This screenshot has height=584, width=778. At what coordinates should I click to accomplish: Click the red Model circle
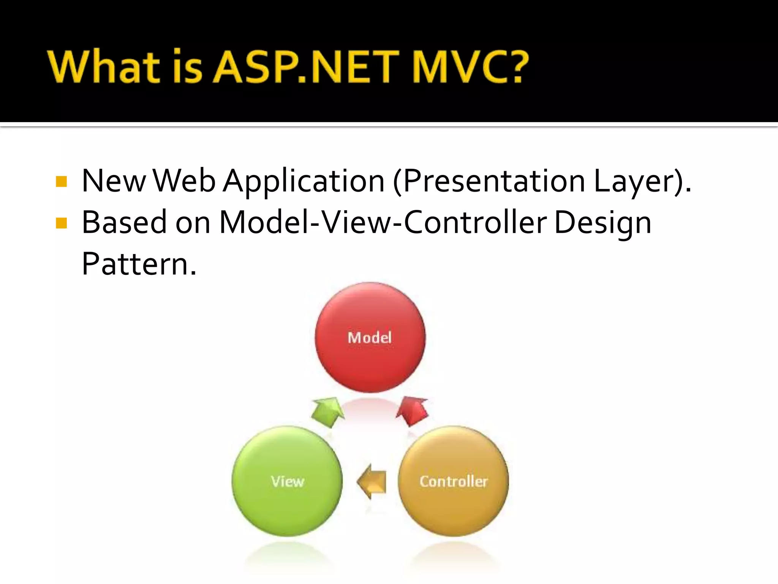pos(370,338)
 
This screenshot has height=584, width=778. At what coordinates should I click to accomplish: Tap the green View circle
pos(287,481)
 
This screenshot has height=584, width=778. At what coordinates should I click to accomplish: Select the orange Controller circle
pos(453,481)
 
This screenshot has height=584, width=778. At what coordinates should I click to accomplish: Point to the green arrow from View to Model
pos(327,412)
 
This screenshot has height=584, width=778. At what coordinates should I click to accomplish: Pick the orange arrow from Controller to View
pos(372,481)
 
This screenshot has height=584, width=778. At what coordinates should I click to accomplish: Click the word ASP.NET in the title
pos(305,67)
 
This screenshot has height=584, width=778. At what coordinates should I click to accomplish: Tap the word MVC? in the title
pos(470,67)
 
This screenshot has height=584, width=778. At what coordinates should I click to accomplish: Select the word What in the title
pos(104,67)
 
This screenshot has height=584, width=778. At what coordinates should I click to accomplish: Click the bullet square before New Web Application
pos(61,182)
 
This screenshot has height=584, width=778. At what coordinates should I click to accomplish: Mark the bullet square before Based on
pos(61,223)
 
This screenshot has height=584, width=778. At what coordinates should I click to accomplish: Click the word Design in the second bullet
pos(602,223)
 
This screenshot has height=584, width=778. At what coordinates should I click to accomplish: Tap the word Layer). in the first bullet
pos(642,182)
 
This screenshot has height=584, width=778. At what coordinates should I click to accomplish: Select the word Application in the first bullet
pos(304,182)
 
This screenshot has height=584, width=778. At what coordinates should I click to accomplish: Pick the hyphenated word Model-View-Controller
pos(383,222)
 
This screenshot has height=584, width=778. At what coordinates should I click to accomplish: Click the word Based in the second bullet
pos(124,222)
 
